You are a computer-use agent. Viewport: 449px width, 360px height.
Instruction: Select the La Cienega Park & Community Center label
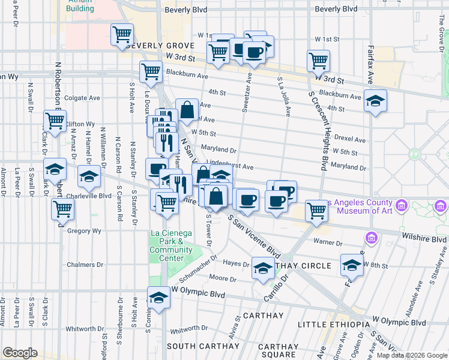(x=170, y=245)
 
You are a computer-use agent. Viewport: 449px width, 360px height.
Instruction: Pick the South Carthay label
(x=198, y=346)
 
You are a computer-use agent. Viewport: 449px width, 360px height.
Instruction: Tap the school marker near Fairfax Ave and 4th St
(x=375, y=101)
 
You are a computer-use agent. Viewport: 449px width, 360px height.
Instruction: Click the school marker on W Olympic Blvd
(x=158, y=298)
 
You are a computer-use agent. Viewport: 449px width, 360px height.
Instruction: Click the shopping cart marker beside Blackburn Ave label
(x=151, y=72)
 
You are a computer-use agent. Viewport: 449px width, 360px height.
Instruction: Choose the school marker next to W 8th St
(x=352, y=265)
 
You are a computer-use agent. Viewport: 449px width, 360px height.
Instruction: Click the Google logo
(x=20, y=353)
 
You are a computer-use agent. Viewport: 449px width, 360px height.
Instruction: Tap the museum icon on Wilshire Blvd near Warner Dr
(x=371, y=239)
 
